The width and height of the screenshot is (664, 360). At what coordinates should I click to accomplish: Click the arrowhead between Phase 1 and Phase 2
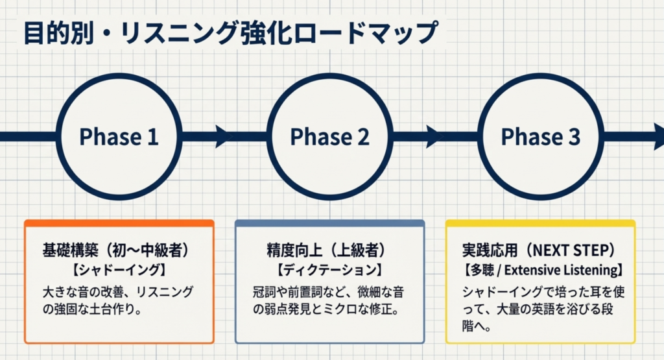(x=224, y=136)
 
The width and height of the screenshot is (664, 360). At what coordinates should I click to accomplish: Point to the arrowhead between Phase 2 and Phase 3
(x=434, y=136)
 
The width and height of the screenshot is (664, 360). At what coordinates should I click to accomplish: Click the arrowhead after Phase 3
(x=659, y=136)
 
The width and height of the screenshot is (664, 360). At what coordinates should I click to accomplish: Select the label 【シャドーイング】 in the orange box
(x=118, y=270)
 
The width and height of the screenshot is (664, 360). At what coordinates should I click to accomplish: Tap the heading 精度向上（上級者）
(x=327, y=250)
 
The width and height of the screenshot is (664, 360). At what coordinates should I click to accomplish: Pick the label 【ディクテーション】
(x=330, y=270)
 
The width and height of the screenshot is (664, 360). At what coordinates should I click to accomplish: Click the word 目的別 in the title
(x=58, y=33)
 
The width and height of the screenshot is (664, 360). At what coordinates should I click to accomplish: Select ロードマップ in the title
(x=364, y=33)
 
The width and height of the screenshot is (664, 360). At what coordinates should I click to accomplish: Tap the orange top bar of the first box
(x=119, y=222)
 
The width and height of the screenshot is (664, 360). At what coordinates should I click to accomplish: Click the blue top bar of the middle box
(x=330, y=222)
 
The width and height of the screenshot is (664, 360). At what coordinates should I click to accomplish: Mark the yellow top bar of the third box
(x=540, y=222)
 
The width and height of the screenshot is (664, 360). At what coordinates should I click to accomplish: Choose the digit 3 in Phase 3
(x=574, y=137)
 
